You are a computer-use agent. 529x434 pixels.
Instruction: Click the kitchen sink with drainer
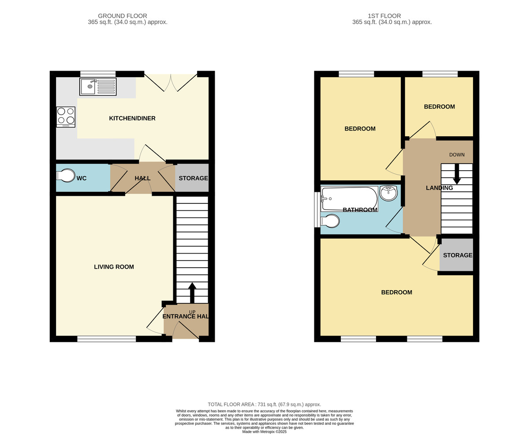(x=98, y=86)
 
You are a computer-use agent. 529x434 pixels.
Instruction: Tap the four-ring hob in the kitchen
(x=66, y=117)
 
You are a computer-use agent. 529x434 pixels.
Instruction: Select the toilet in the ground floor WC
(x=66, y=175)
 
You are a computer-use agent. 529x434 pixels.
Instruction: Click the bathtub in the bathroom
(x=349, y=199)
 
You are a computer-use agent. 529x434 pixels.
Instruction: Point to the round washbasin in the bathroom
(x=388, y=193)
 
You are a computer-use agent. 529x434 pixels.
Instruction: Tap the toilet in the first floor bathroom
(x=330, y=221)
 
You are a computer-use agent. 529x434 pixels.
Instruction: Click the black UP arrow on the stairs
(x=192, y=293)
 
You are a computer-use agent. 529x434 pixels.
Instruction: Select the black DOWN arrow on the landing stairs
(x=457, y=174)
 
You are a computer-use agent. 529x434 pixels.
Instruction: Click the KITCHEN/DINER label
(x=132, y=118)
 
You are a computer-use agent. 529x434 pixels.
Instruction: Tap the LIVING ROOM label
(x=114, y=267)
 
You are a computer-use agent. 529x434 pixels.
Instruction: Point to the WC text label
(x=82, y=178)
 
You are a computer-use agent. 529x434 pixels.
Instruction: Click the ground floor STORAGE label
(x=193, y=178)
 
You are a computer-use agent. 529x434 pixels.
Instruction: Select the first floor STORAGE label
(x=458, y=255)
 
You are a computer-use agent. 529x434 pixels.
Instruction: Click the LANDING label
(x=439, y=188)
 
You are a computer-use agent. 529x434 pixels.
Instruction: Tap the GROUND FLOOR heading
(x=123, y=16)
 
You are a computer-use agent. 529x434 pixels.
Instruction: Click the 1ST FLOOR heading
(x=384, y=16)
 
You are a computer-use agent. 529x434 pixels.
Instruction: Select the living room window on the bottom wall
(x=107, y=339)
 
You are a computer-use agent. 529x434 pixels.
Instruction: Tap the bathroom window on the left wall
(x=317, y=210)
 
